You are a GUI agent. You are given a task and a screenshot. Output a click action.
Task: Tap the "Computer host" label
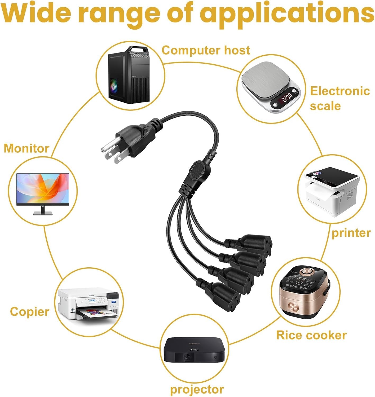206,50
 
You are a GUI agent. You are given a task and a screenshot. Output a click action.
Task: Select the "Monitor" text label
26,148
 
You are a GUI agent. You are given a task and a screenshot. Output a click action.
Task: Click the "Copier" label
30,312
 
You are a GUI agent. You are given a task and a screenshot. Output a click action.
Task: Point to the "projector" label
197,389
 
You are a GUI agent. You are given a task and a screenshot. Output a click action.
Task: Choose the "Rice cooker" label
311,335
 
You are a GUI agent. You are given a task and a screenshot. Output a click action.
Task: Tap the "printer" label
351,233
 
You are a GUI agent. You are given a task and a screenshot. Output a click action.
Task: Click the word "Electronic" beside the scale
340,91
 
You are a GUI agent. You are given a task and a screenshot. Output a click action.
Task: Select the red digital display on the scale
287,98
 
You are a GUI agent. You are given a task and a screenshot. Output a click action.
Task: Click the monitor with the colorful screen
43,190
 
